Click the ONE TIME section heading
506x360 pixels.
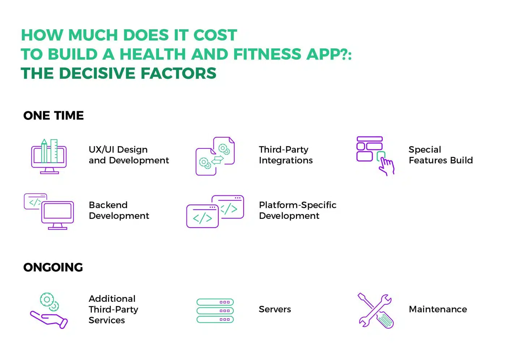click(x=53, y=116)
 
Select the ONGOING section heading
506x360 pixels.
click(x=53, y=268)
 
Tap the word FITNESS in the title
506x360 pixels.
click(x=267, y=54)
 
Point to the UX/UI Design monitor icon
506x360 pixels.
click(x=49, y=156)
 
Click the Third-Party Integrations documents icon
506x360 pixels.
click(x=215, y=156)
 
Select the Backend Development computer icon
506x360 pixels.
click(x=49, y=211)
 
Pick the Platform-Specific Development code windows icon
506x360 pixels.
click(x=215, y=212)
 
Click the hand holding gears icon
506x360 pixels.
click(x=49, y=311)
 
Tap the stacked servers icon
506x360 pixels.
click(x=215, y=311)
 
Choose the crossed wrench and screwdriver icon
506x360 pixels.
click(x=376, y=311)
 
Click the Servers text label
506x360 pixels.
click(x=275, y=309)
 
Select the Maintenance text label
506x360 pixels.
click(x=438, y=309)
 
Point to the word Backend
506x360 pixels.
click(x=108, y=205)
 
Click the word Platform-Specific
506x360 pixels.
click(x=297, y=205)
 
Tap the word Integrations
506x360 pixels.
click(x=286, y=161)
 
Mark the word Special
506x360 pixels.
click(x=425, y=150)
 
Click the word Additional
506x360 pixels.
click(x=112, y=299)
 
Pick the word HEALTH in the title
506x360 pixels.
click(x=153, y=54)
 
